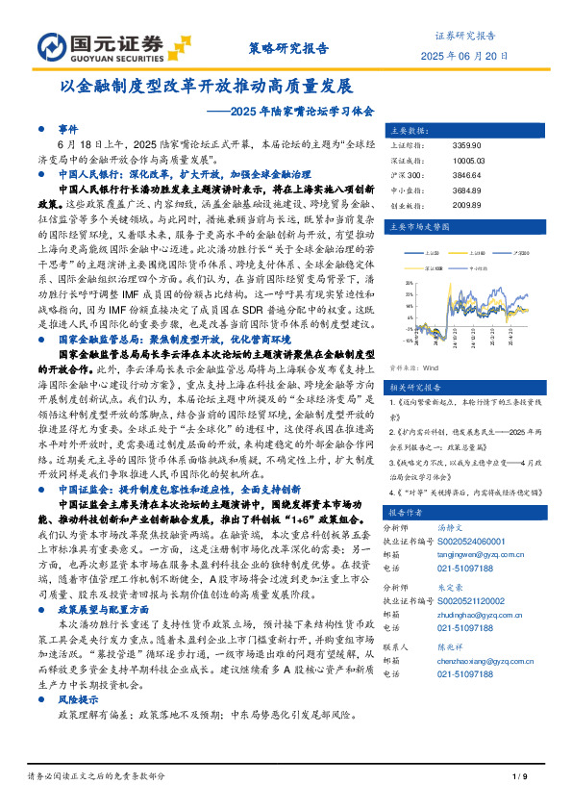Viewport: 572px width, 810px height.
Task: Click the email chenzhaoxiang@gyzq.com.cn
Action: pyautogui.click(x=480, y=662)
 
